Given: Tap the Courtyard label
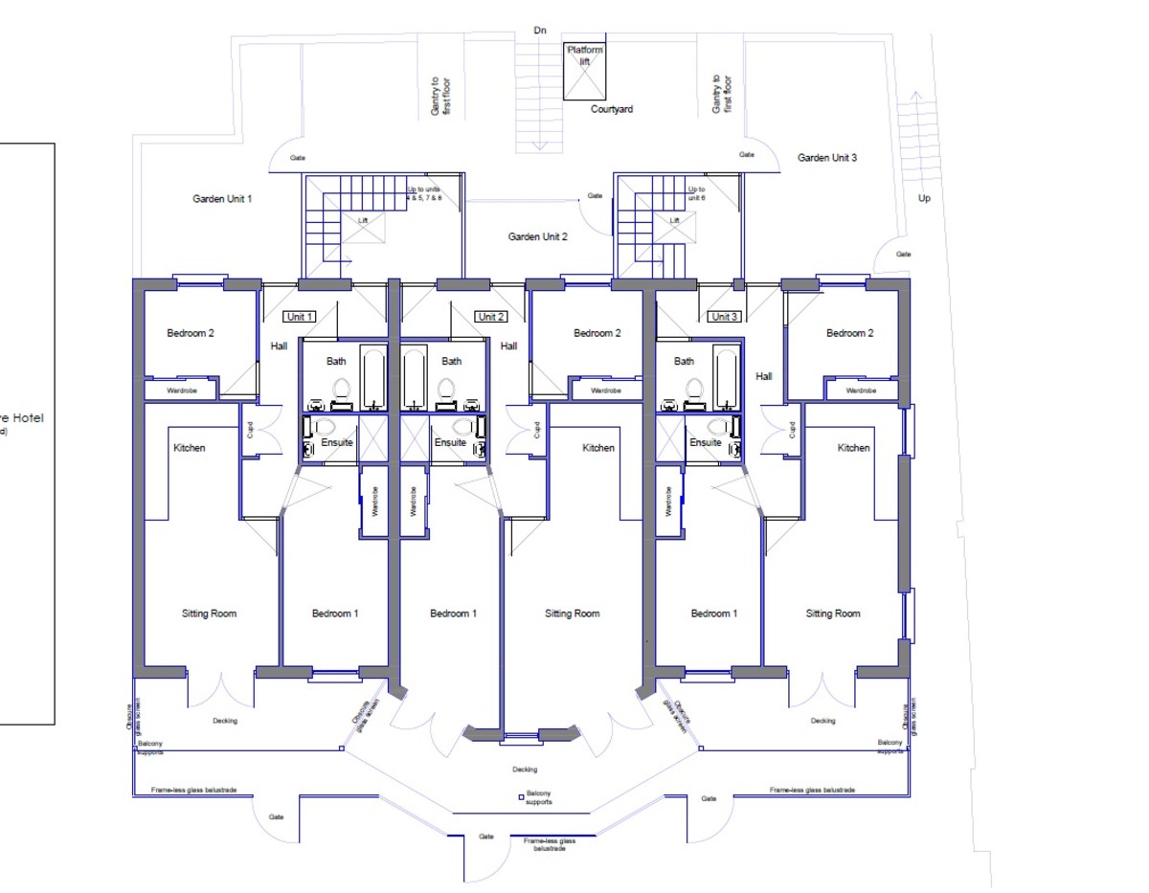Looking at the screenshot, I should [610, 109].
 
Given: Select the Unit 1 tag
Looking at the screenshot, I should [298, 317].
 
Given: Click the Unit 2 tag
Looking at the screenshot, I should [489, 317].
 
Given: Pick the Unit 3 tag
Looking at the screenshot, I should [724, 317].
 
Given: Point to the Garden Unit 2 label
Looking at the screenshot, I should [537, 236].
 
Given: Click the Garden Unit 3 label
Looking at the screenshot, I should [827, 158].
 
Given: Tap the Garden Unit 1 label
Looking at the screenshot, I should [222, 199].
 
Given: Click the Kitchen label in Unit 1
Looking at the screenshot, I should [189, 448].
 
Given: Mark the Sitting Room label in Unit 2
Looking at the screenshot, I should [573, 614].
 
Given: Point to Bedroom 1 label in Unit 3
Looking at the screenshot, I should [713, 614].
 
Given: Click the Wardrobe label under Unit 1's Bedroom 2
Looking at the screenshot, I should [181, 391].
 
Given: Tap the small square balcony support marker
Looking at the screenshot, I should [520, 795].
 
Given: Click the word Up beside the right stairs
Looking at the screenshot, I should [923, 199].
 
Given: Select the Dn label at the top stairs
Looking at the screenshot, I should [540, 31].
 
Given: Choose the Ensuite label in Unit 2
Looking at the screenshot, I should [450, 443].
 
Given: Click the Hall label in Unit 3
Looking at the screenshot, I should [763, 376].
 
